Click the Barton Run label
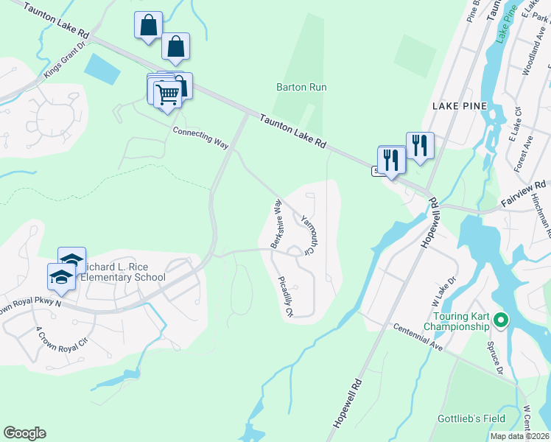click(x=301, y=87)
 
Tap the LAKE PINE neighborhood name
click(x=460, y=106)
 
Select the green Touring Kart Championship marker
click(x=501, y=320)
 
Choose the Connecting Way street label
click(x=201, y=137)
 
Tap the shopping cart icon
click(x=167, y=94)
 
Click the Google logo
click(x=24, y=433)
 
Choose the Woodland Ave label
click(x=531, y=68)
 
